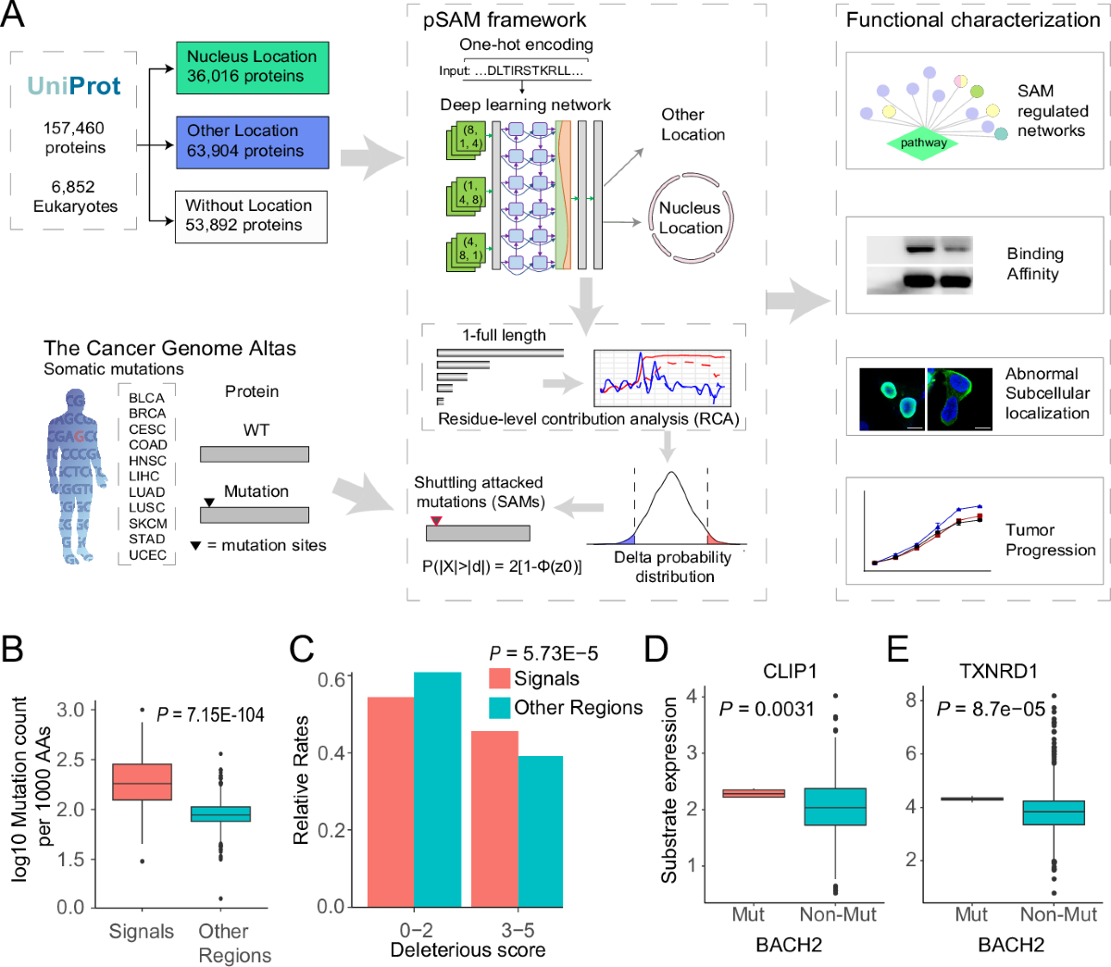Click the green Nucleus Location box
pos(252,68)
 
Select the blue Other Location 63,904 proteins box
pos(252,142)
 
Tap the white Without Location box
pos(251,217)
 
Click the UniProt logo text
pos(74,87)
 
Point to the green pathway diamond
pos(923,143)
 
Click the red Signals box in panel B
pos(142,782)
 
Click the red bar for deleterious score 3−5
pos(494,818)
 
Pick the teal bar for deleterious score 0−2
pos(437,788)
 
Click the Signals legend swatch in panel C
pos(499,679)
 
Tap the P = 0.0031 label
pos(767,709)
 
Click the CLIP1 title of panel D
pos(790,671)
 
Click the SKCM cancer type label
pos(148,523)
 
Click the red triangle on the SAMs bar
pos(435,521)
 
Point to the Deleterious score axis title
pos(468,950)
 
